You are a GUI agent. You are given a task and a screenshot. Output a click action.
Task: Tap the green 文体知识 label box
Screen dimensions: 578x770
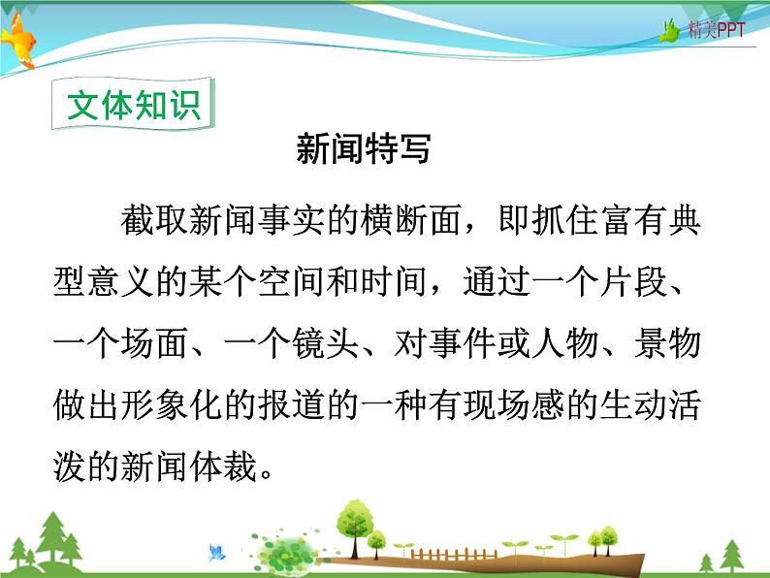click(134, 106)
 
